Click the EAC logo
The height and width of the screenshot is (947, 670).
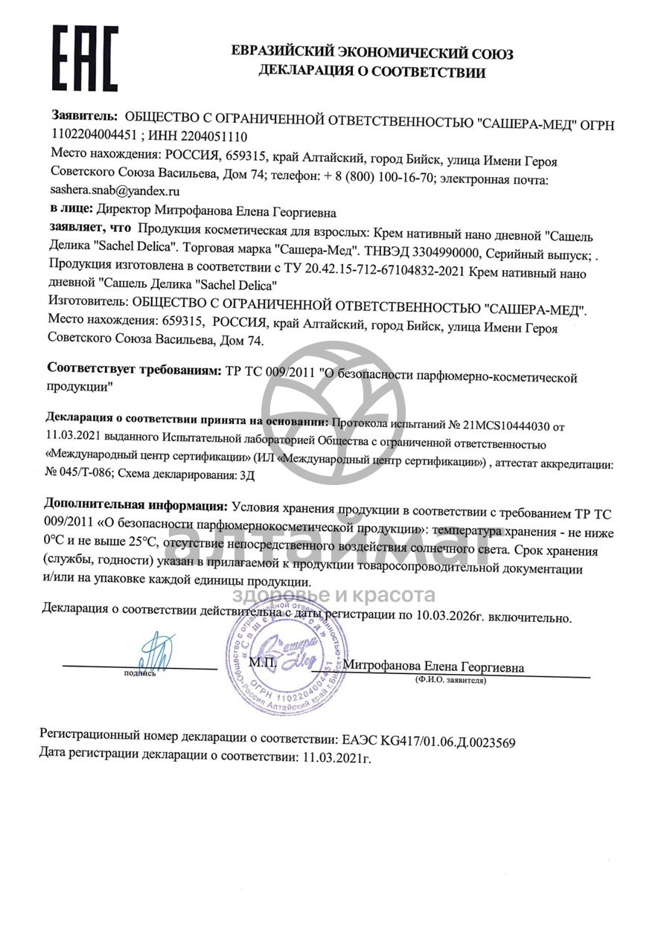coord(84,58)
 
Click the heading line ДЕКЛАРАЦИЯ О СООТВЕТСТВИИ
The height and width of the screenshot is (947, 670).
coord(371,72)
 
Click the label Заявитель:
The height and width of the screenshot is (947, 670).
coord(84,116)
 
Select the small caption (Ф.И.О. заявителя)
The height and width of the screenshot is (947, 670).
coord(451,680)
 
